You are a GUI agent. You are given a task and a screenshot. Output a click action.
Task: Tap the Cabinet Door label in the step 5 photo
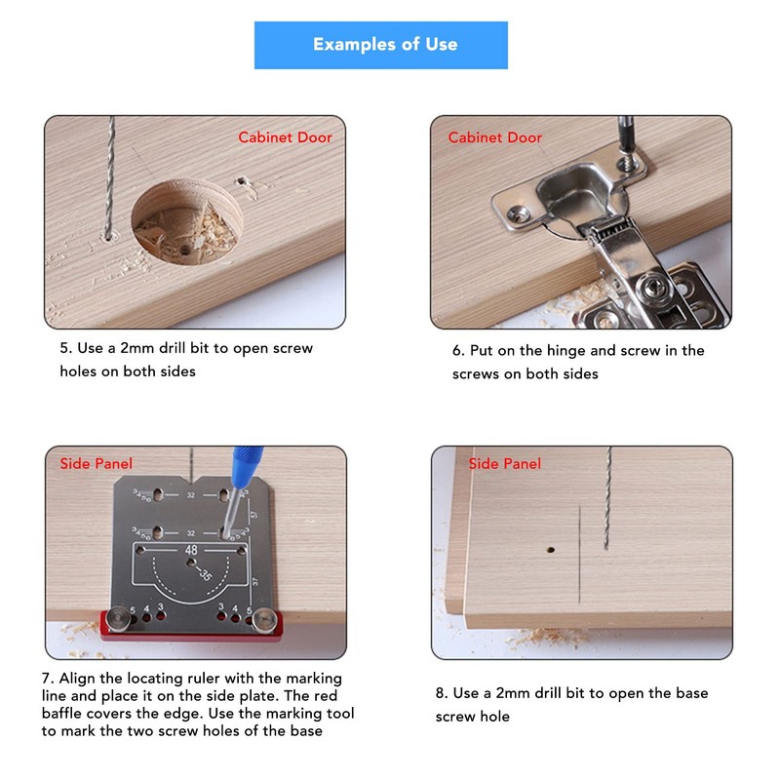[285, 137]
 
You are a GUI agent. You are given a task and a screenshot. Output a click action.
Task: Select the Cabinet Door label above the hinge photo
[494, 137]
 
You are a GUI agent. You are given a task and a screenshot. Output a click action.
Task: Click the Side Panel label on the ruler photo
[97, 464]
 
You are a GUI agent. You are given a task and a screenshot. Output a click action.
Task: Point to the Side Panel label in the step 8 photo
[504, 464]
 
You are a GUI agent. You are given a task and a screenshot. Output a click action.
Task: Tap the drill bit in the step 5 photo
[109, 175]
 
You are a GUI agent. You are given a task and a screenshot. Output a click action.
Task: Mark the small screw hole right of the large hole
[241, 181]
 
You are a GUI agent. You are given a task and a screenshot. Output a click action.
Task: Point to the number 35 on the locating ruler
[205, 574]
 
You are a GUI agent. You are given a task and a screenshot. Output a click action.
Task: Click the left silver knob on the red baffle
[119, 616]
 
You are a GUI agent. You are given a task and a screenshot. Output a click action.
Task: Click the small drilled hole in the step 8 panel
[551, 550]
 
